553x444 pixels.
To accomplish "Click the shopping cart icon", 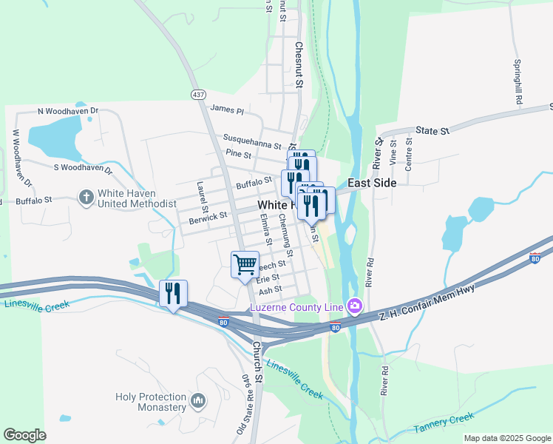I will tap(245, 264).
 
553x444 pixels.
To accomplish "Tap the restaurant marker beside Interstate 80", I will tap(173, 294).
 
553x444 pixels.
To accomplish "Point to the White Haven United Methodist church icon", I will tap(86, 197).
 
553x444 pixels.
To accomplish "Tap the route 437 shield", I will tap(197, 95).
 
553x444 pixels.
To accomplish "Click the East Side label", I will tap(374, 183).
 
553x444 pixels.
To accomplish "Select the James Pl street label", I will tap(227, 109).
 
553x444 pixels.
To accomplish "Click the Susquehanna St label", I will tap(252, 141).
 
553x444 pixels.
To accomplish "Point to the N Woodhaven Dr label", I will tap(68, 111).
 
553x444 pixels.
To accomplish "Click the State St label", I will tap(432, 130).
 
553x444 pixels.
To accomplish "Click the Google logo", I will tap(24, 435).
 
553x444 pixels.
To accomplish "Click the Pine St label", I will tap(240, 155).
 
